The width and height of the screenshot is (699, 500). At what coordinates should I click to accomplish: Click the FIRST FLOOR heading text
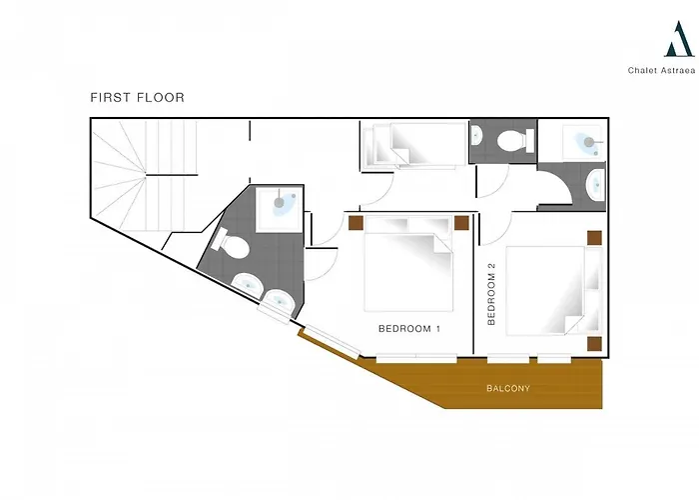[138, 97]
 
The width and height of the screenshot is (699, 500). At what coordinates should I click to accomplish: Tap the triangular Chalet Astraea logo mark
[679, 39]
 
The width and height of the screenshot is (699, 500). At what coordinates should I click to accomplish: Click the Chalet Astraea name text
[661, 70]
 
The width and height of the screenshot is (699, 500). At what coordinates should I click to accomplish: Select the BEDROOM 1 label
[409, 329]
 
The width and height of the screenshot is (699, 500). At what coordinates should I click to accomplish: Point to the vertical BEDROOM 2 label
[491, 294]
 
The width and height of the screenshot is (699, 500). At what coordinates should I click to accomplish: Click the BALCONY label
[508, 388]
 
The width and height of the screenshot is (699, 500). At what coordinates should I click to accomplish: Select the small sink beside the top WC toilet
[476, 135]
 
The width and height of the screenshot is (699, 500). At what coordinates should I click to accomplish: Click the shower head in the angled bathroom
[279, 203]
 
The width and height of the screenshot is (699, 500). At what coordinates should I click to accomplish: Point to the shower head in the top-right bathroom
[589, 142]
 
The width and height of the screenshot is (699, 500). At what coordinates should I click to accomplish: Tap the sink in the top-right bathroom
[595, 185]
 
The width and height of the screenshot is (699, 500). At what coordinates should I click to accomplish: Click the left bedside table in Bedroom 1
[355, 223]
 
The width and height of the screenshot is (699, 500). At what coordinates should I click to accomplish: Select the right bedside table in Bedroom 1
[461, 223]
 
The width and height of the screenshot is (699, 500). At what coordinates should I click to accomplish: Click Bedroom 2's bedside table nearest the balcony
[594, 344]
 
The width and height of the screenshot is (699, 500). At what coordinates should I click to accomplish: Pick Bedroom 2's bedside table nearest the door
[594, 238]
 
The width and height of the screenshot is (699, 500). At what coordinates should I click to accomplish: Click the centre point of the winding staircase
[146, 175]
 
